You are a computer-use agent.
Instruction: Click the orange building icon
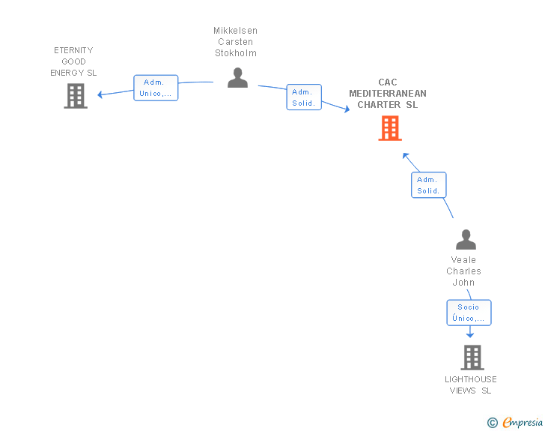coord(390,128)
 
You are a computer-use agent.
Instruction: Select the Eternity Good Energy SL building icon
coord(76,96)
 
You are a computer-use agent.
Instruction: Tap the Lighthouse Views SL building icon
coord(472,358)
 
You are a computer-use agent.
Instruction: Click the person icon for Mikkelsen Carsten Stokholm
coord(238,78)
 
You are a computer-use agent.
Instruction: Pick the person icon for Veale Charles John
coord(466,240)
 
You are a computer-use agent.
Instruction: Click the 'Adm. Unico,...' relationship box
coord(156,88)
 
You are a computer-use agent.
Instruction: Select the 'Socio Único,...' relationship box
coord(469,313)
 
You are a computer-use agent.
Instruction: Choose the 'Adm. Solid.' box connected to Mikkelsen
coord(304,97)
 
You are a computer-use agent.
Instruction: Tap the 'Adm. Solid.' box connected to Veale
coord(428,185)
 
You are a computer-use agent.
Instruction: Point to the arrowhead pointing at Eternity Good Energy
coord(100,94)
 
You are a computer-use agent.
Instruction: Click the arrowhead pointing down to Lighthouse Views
coord(470,335)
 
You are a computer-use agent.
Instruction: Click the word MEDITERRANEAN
coord(388,93)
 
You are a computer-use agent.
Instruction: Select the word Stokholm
coord(236,53)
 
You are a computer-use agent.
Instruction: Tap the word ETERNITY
coord(73,50)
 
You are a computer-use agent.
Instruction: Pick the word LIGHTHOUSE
coord(471,379)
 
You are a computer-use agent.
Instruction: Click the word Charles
coord(463,271)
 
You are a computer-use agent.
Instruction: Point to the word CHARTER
coord(379,104)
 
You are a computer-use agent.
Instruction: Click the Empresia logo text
coord(523,423)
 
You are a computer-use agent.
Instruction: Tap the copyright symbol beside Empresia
coord(493,423)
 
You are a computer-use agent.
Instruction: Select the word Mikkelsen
coord(235,31)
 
